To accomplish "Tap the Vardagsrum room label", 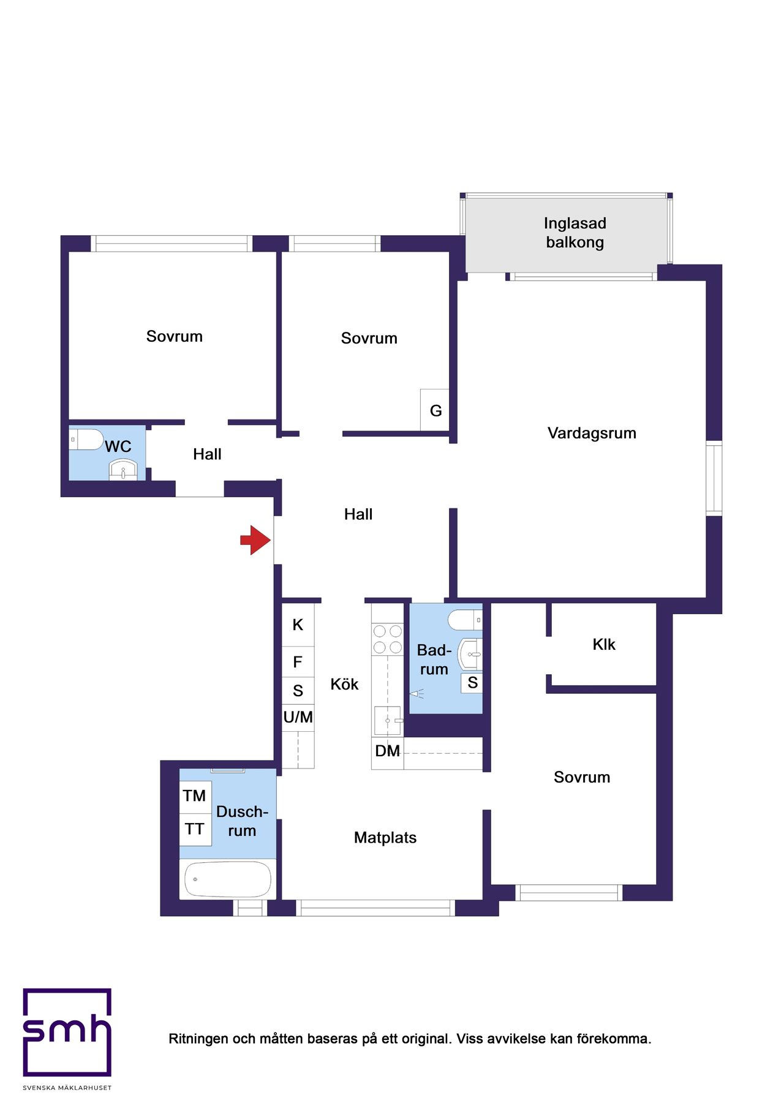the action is click(592, 434).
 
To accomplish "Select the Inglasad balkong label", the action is click(575, 233).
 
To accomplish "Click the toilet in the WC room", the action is click(86, 439).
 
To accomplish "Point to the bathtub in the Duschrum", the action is click(228, 879).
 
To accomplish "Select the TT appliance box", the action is click(195, 830).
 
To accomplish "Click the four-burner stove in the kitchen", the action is click(388, 639).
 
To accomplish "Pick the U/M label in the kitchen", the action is click(298, 717).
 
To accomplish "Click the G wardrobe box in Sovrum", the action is click(435, 410).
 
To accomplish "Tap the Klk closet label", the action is click(604, 644).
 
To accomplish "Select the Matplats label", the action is click(385, 838).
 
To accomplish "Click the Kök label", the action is click(344, 684).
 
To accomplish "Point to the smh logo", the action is click(67, 1032).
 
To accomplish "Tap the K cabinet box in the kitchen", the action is click(298, 625).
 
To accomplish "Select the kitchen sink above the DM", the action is click(388, 720).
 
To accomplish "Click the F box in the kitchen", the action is click(298, 662).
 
